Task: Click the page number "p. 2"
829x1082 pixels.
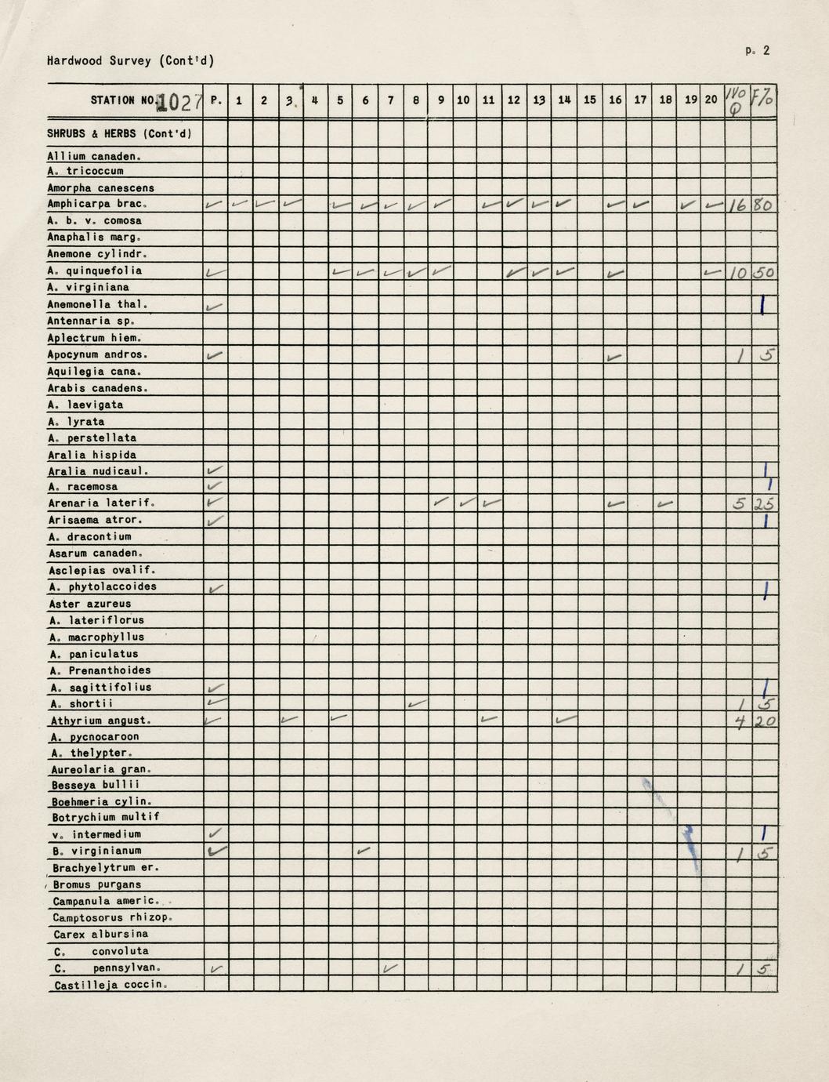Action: point(758,51)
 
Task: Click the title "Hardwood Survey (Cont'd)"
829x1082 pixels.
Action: point(130,60)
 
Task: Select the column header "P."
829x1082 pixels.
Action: point(216,100)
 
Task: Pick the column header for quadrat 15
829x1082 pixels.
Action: point(590,100)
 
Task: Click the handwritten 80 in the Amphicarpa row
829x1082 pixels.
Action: point(763,205)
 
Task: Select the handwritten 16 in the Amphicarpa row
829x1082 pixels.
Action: point(737,205)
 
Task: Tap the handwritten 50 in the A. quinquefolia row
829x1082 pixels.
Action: point(763,273)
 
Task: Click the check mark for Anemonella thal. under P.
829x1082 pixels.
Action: point(214,306)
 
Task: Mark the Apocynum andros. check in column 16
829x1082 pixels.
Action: point(615,357)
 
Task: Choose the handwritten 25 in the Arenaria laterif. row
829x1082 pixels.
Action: point(763,505)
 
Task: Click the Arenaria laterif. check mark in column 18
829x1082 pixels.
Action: point(665,504)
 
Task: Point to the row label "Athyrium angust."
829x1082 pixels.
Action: point(100,721)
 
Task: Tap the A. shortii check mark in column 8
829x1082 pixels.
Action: point(417,704)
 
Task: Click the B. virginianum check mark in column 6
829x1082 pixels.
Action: point(364,850)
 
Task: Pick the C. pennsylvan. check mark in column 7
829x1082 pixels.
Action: point(390,969)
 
